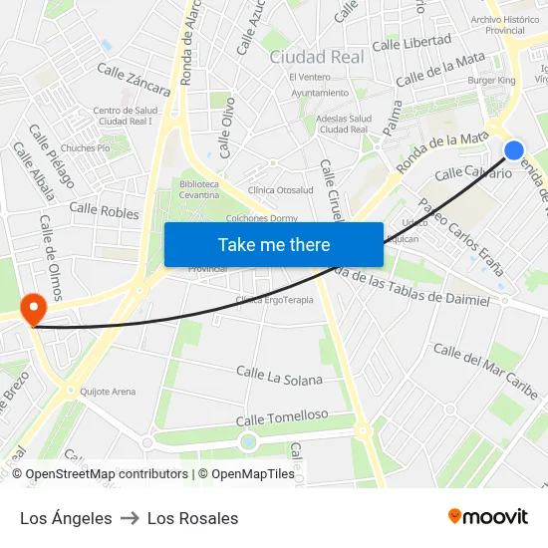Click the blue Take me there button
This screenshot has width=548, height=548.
274,244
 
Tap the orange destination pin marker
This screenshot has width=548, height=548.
33,308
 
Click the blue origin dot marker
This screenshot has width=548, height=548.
513,150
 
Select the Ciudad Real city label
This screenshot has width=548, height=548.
317,57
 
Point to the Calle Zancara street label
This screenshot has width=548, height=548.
134,80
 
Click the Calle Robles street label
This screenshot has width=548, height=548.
105,211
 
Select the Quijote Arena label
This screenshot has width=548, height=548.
108,392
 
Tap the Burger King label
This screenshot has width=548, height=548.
491,80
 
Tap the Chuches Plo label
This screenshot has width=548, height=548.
85,147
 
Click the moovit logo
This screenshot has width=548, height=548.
487,516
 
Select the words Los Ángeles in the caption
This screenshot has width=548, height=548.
66,518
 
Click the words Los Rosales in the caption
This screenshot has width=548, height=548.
192,518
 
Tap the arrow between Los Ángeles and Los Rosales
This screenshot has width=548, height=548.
130,518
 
